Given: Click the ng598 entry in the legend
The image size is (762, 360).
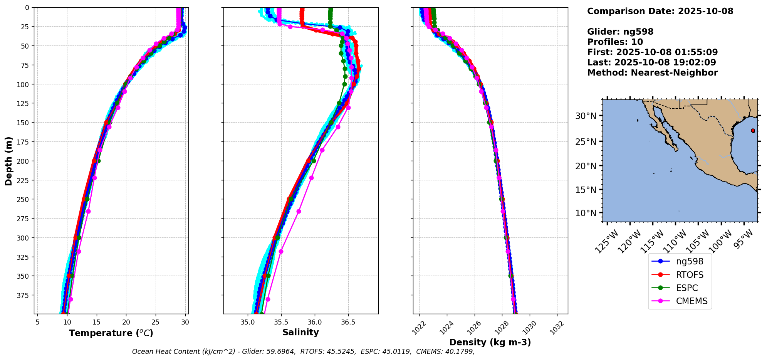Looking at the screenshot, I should click(689, 261).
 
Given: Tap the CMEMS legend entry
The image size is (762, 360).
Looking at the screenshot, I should click(692, 301).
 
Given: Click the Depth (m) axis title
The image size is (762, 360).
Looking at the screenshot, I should click(8, 161).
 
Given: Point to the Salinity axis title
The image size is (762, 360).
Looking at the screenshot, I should click(300, 332).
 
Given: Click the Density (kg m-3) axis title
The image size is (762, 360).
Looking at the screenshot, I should click(490, 342).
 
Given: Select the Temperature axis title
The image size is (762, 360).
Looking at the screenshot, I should click(111, 333).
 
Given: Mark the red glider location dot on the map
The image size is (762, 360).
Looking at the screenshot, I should click(753, 131).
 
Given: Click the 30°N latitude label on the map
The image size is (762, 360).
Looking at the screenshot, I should click(586, 116).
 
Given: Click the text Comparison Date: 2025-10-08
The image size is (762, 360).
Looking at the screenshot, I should click(660, 11).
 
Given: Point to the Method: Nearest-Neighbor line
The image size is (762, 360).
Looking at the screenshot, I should click(652, 73).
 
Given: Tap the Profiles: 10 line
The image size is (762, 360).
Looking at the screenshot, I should click(615, 42).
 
